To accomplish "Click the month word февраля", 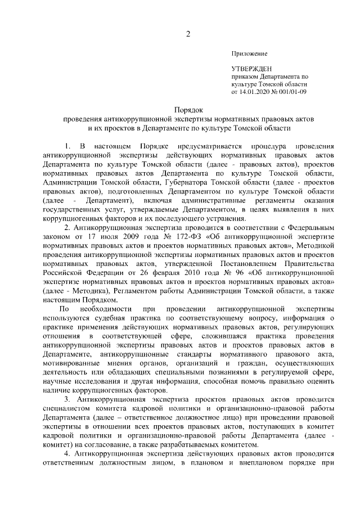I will click(161, 273).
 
